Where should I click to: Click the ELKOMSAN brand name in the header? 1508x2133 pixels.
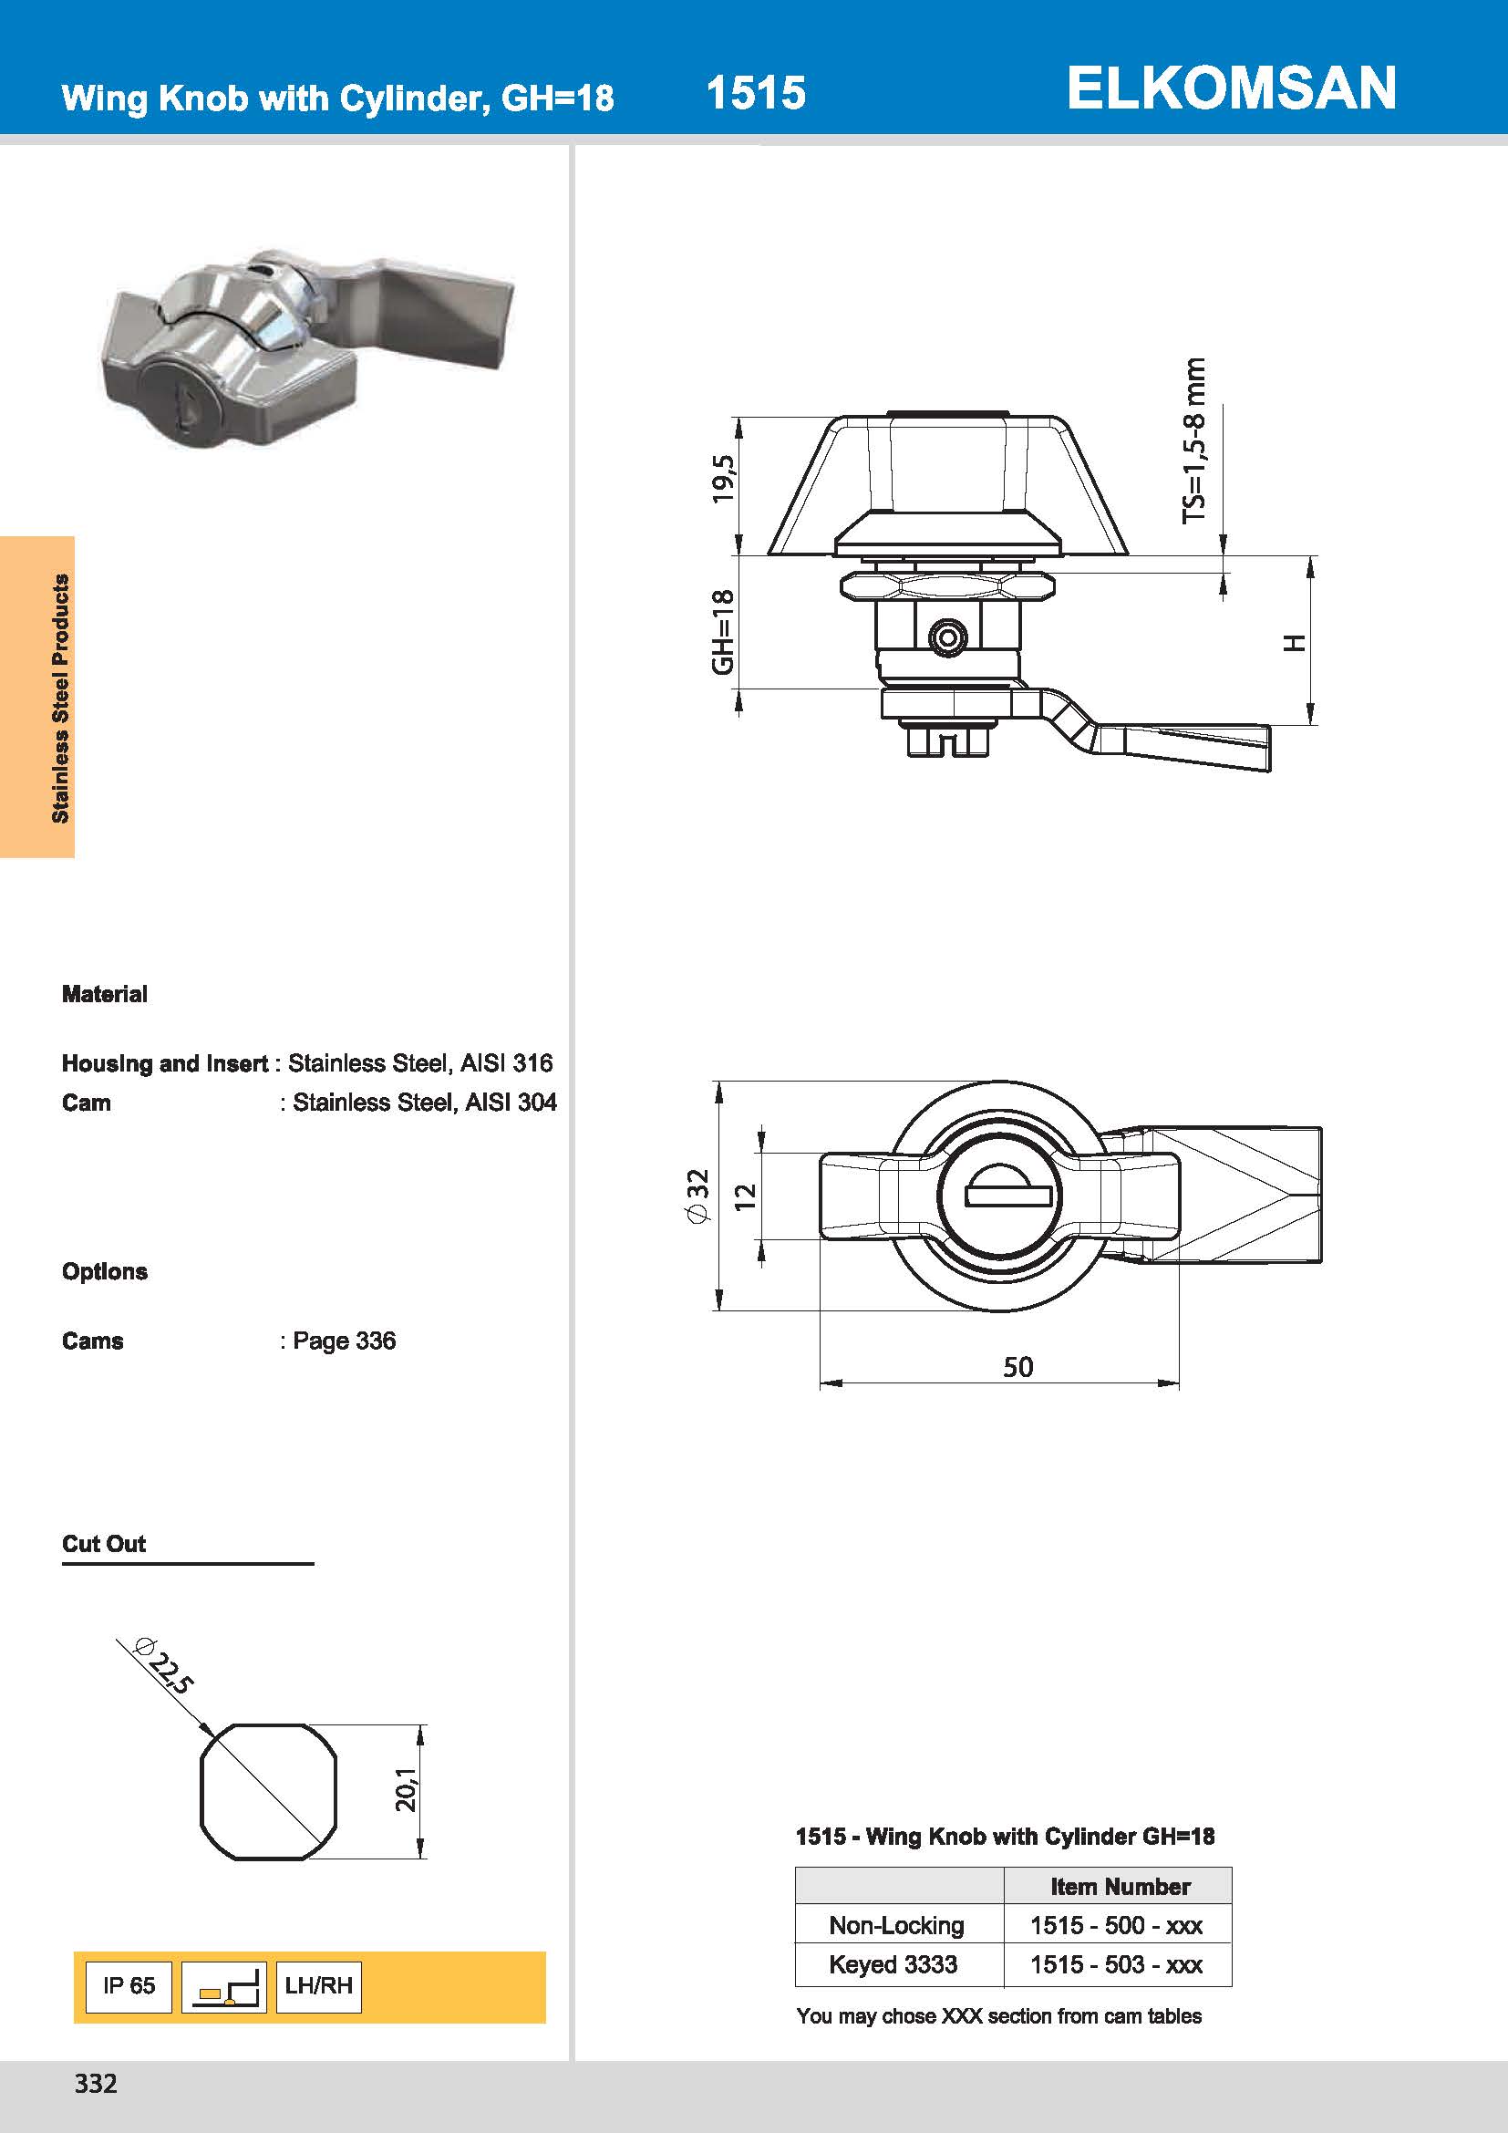coord(1230,88)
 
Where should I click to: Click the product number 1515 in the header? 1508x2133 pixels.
coord(755,93)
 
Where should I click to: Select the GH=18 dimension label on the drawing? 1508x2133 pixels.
coord(722,632)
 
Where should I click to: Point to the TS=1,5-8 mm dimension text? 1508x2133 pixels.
coord(1194,440)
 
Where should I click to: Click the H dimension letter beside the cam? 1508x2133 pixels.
coord(1295,643)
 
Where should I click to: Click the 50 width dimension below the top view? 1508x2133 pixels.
coord(1017,1367)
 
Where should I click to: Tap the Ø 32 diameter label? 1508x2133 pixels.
coord(697,1196)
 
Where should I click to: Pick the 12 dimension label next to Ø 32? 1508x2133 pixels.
coord(745,1196)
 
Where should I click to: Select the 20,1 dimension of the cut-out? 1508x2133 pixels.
coord(406,1790)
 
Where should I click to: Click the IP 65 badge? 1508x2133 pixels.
coord(129,1985)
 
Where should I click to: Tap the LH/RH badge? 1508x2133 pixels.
coord(318,1985)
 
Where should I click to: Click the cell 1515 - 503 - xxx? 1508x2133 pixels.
coord(1116,1964)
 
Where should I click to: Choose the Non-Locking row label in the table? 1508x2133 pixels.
coord(896,1925)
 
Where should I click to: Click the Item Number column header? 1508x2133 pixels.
coord(1120,1887)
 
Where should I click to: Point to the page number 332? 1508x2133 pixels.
coord(96,2084)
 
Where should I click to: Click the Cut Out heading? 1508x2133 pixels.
coord(104,1544)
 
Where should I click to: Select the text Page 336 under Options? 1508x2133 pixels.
coord(344,1341)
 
